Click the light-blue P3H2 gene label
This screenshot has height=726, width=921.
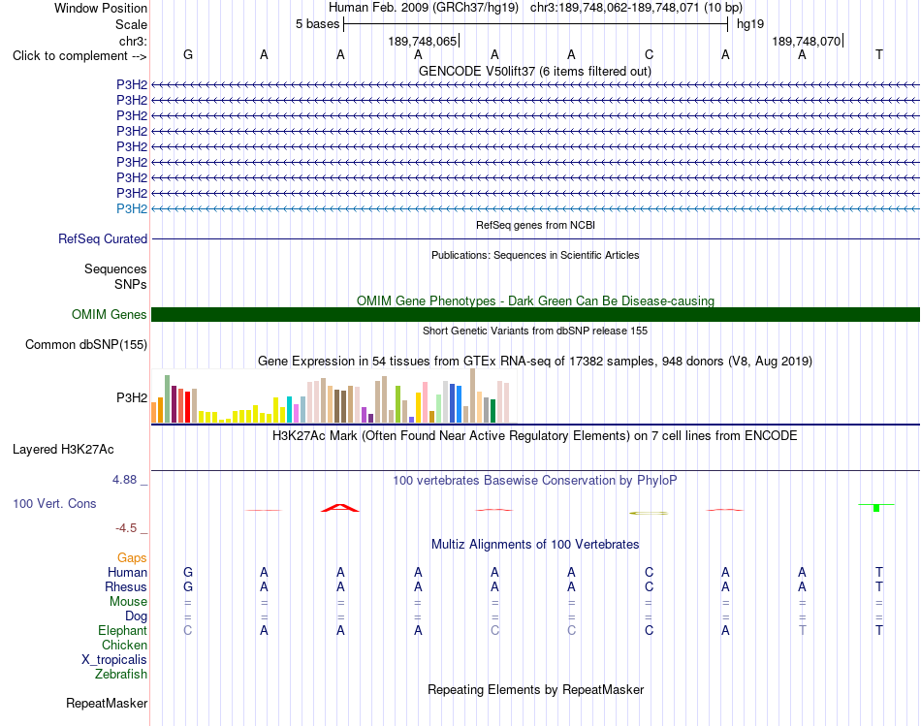coord(132,209)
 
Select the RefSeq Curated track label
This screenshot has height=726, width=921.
coord(103,239)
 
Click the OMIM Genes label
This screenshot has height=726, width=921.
coord(110,314)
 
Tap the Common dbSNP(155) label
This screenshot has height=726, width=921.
coord(86,345)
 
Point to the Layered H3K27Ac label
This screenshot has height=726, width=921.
coord(63,450)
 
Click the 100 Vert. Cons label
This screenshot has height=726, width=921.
coord(54,503)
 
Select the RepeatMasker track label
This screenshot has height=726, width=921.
coord(107,703)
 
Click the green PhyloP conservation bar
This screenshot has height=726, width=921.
coord(876,508)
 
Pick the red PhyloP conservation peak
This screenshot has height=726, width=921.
coord(340,508)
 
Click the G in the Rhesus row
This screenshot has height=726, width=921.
coord(188,586)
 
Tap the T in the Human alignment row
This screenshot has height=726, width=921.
coord(879,572)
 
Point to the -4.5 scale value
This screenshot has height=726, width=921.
coord(126,528)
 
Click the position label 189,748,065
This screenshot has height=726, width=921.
coord(423,41)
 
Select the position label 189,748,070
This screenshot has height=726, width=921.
coord(806,41)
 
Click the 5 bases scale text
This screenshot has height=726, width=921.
coord(317,24)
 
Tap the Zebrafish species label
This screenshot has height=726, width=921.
coord(121,675)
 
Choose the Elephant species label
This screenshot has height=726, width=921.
coord(123,631)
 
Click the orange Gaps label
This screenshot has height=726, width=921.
coord(132,558)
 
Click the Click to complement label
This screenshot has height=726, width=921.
coord(79,56)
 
